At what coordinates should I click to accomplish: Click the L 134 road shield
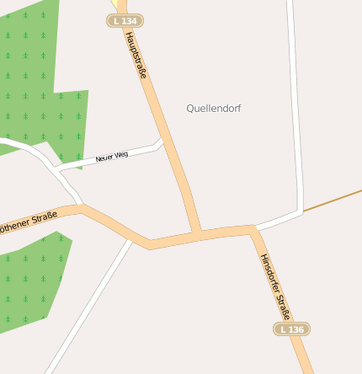(x=125, y=20)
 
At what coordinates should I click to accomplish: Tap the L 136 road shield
(x=291, y=329)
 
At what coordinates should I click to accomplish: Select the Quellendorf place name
(x=214, y=109)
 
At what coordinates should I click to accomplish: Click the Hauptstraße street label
(x=136, y=55)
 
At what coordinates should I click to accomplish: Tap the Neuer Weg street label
(x=112, y=157)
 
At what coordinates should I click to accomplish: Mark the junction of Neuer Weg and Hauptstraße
(x=162, y=143)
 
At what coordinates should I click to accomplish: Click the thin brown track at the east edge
(x=337, y=200)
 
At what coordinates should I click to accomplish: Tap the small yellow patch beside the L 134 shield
(x=113, y=4)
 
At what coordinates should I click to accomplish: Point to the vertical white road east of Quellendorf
(x=295, y=101)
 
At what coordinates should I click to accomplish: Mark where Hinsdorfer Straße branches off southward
(x=253, y=228)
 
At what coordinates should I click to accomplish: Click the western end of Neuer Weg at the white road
(x=57, y=170)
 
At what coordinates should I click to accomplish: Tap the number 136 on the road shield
(x=295, y=329)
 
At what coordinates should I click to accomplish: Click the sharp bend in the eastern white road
(x=300, y=210)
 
